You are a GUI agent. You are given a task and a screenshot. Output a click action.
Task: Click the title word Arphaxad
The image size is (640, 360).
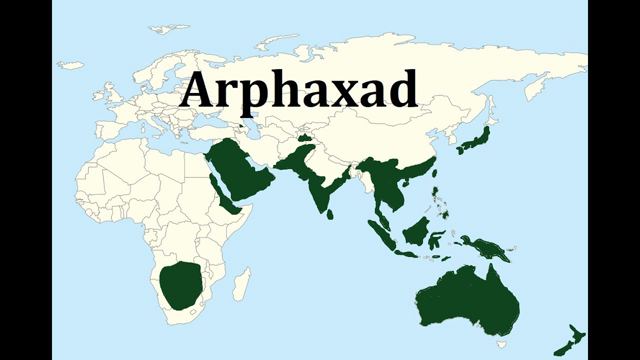point(298,91)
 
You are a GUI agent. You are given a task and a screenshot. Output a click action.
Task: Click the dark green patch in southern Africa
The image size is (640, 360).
point(181,285)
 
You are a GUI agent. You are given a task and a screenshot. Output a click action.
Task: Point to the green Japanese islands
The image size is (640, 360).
point(473,141)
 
